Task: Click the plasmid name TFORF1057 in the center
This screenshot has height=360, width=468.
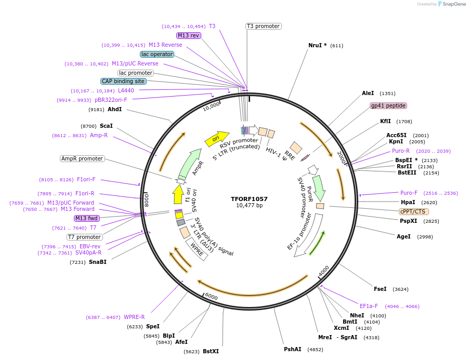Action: (249, 199)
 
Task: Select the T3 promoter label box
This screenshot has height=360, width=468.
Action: (263, 26)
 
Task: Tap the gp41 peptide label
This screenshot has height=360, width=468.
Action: (388, 105)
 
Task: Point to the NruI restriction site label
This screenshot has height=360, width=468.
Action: (317, 45)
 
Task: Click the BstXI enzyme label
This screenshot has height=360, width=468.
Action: (211, 351)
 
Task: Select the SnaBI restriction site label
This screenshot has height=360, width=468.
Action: (97, 262)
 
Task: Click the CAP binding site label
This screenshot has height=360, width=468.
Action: (123, 81)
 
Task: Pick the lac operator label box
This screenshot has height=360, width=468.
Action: (157, 54)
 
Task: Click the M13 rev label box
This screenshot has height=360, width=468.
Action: (188, 35)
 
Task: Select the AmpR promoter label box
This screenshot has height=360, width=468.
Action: (82, 158)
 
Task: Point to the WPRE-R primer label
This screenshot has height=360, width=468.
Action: (134, 317)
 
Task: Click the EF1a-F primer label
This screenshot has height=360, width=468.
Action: (369, 306)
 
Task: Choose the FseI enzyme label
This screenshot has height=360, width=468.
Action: (380, 289)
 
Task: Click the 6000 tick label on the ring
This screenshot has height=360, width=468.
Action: (211, 296)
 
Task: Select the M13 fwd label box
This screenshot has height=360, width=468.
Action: (86, 218)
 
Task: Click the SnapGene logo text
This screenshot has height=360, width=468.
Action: (454, 4)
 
